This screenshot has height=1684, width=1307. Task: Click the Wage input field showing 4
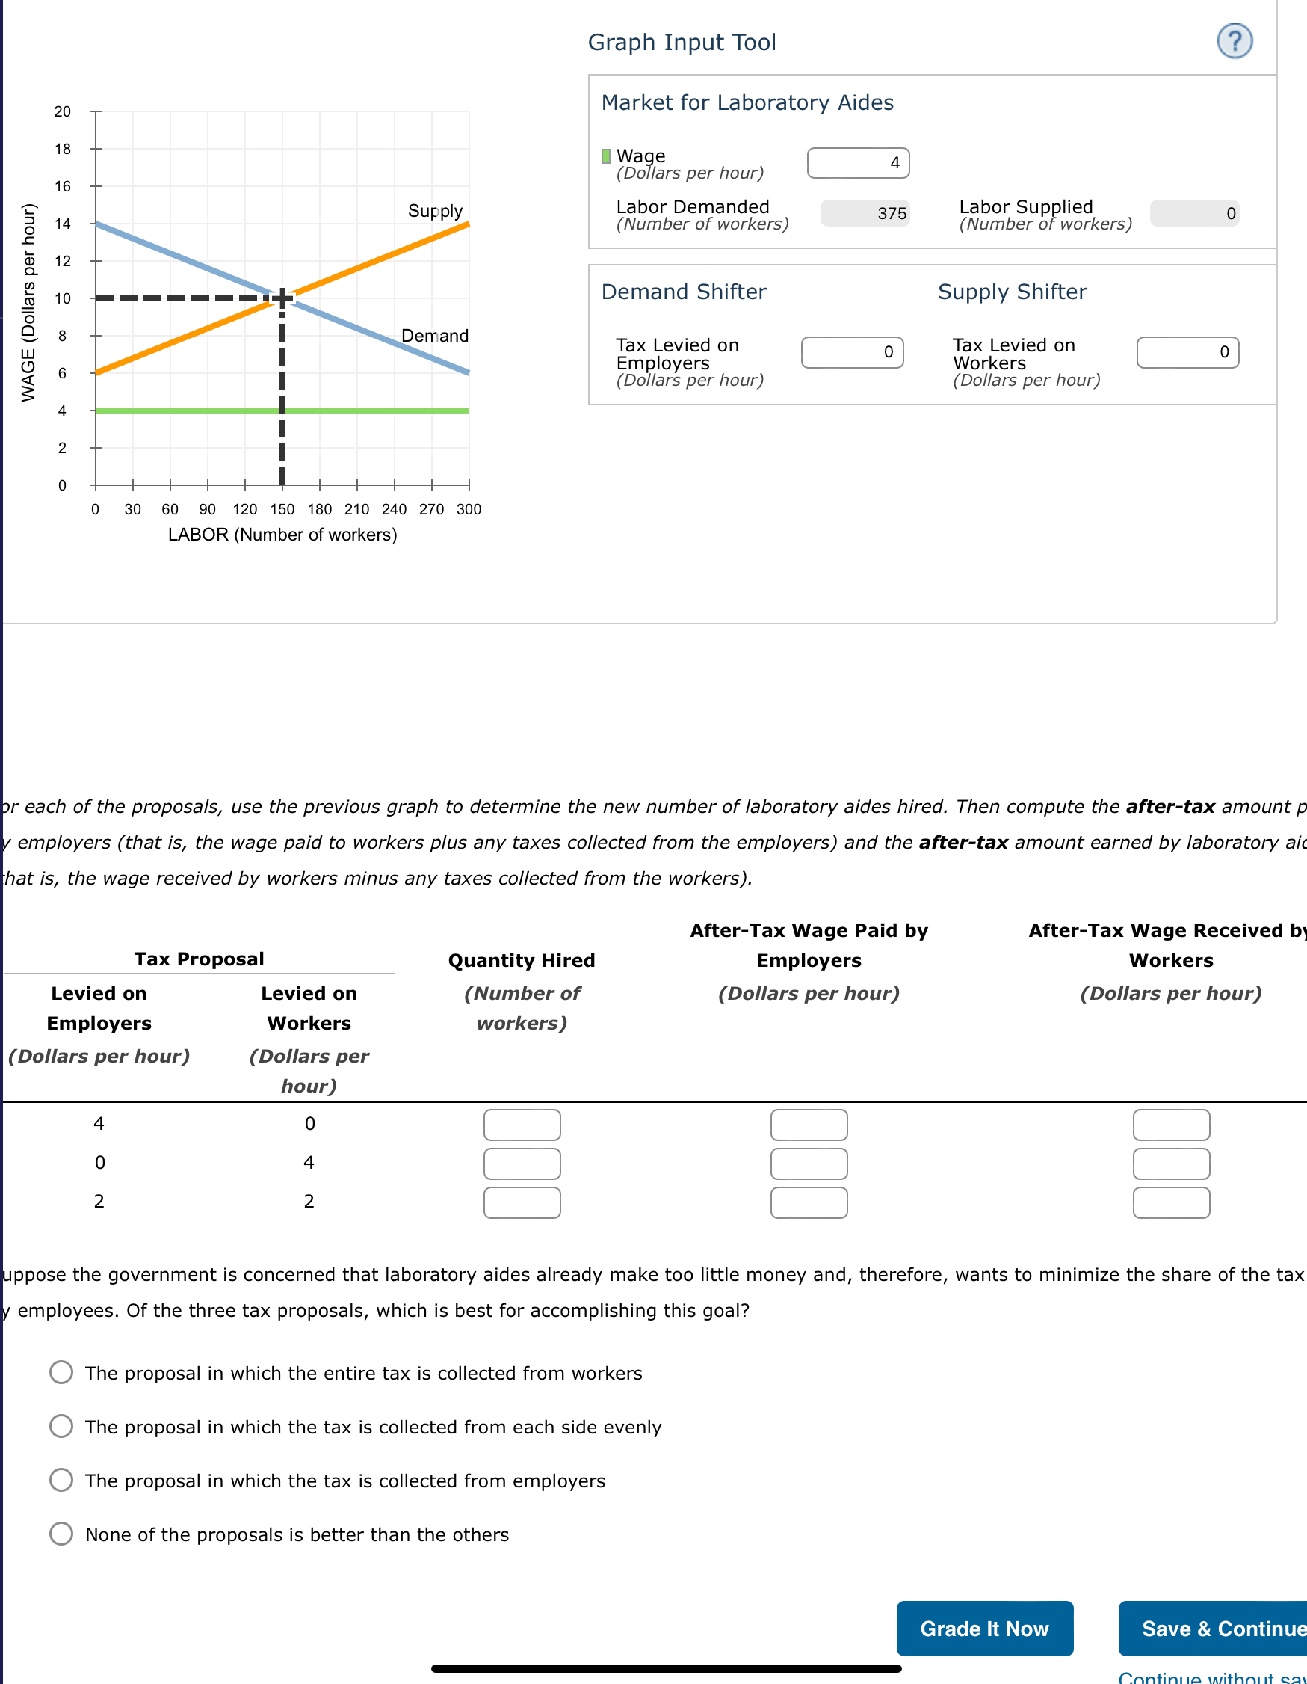click(x=858, y=163)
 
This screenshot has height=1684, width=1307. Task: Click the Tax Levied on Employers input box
click(x=852, y=352)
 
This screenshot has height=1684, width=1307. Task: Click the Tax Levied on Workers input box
click(x=1187, y=352)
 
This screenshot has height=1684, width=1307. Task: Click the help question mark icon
click(x=1235, y=41)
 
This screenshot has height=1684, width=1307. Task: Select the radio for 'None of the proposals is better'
click(x=61, y=1534)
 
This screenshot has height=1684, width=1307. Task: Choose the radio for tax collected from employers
click(x=61, y=1480)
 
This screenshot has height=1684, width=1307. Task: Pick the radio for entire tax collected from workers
click(x=61, y=1372)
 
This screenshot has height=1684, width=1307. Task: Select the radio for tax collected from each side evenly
click(x=61, y=1427)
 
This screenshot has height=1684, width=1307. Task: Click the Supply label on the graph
click(x=435, y=211)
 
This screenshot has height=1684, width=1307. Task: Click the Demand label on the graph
click(x=435, y=336)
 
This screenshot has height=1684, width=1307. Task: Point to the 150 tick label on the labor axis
click(x=282, y=510)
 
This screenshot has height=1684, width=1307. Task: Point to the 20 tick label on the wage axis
click(x=63, y=112)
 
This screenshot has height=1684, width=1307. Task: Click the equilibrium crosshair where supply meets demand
click(x=282, y=298)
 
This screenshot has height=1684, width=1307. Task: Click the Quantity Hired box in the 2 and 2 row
click(x=522, y=1203)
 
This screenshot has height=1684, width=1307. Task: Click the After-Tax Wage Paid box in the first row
click(x=809, y=1125)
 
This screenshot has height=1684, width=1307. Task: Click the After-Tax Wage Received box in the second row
click(x=1170, y=1164)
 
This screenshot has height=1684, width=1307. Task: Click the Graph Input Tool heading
click(x=682, y=43)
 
